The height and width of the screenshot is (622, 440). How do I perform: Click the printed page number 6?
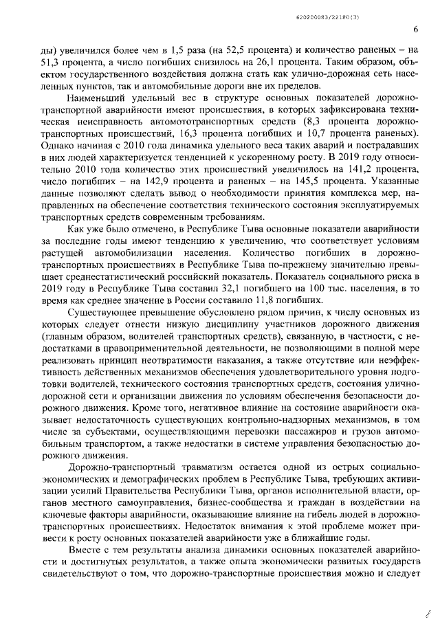coord(416,30)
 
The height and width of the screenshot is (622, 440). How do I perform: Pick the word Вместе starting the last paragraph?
coord(85,550)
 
